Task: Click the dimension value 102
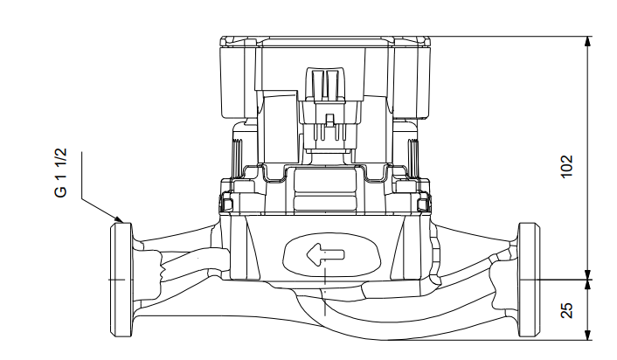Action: [x=567, y=165]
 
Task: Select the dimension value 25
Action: [x=567, y=309]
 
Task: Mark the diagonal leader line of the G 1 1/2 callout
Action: [x=101, y=201]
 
